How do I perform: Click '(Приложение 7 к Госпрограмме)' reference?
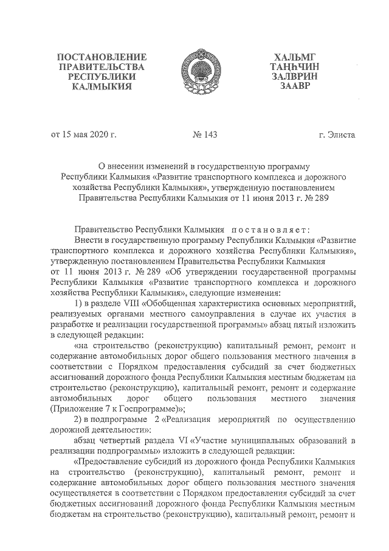117,409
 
